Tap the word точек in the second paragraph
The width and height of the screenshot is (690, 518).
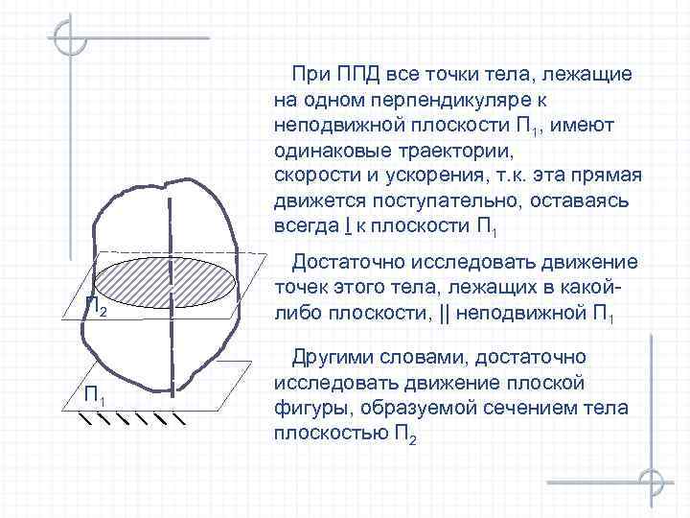pyautogui.click(x=300, y=290)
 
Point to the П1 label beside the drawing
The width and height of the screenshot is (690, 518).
pyautogui.click(x=95, y=396)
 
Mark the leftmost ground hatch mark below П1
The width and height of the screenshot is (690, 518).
pyautogui.click(x=87, y=419)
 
